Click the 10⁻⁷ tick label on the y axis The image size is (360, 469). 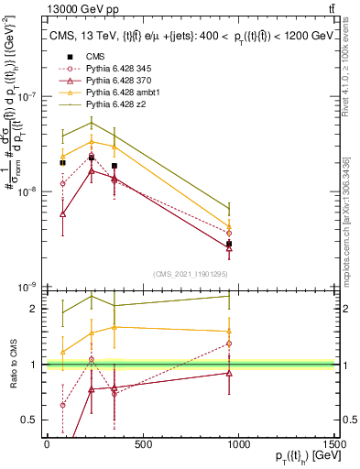point(27,95)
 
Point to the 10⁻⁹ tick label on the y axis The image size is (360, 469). point(27,287)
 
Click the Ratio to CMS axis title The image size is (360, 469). point(14,365)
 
